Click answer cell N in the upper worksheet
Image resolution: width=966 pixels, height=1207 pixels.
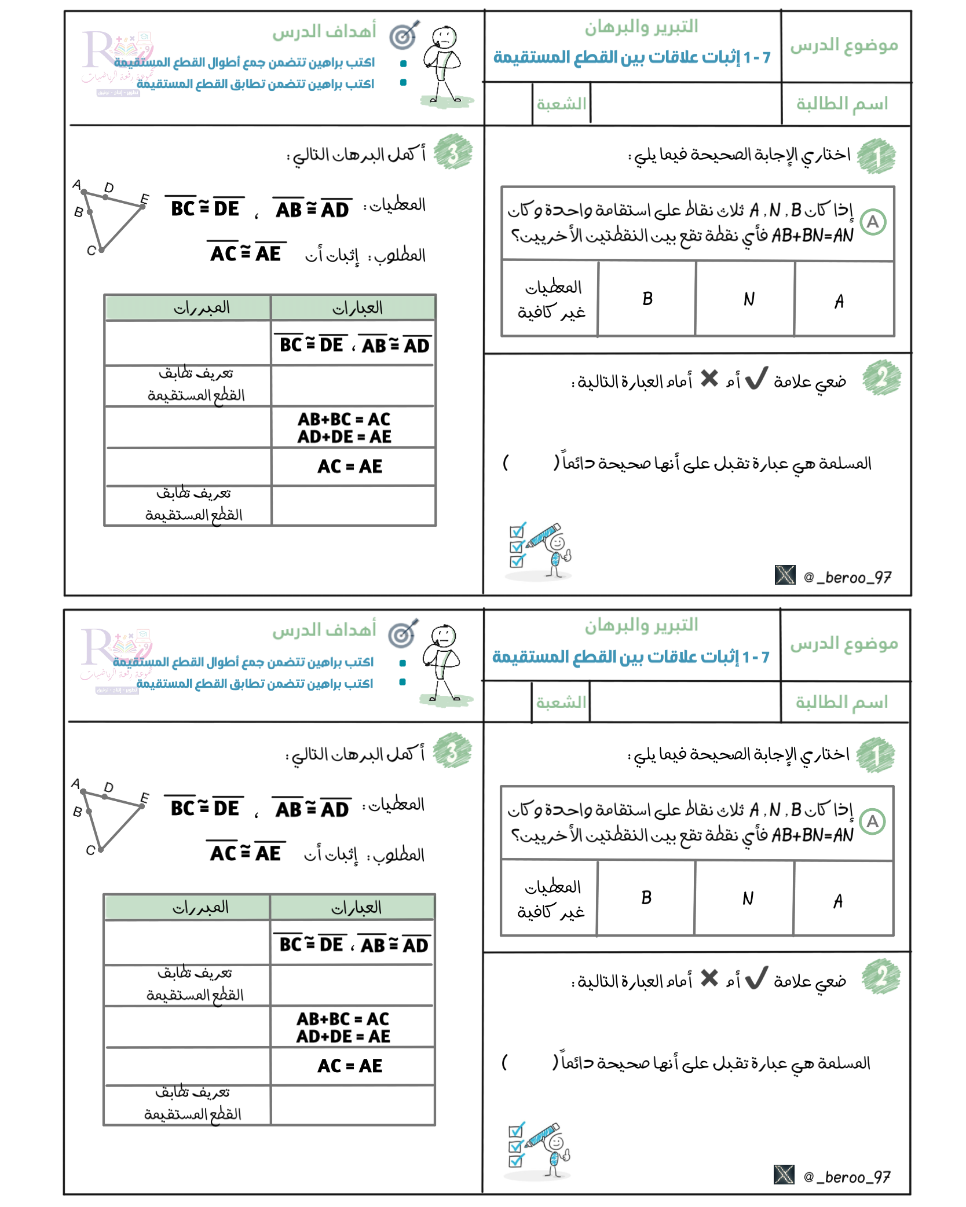tap(746, 299)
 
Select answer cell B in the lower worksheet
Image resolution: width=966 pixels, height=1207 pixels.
tap(646, 898)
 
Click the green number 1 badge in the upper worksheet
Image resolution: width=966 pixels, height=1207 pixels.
tap(877, 156)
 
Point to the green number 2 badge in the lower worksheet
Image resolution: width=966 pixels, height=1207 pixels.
tap(881, 977)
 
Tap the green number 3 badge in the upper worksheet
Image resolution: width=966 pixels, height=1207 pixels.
tap(453, 152)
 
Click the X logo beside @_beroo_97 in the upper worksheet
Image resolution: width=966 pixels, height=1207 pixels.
tap(785, 575)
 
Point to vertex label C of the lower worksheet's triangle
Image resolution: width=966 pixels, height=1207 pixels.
tap(90, 850)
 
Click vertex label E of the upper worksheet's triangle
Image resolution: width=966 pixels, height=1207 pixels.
tap(145, 199)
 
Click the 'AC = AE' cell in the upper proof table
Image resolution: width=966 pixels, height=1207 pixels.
tap(352, 466)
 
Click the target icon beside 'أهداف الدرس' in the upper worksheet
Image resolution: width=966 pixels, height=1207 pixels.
tap(404, 35)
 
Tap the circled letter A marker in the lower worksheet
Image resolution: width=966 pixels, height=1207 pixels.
tap(872, 822)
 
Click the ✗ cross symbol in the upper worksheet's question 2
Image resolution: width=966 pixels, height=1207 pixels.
tap(709, 379)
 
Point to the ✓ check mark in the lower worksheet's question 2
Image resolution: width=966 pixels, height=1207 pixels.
tap(756, 978)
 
